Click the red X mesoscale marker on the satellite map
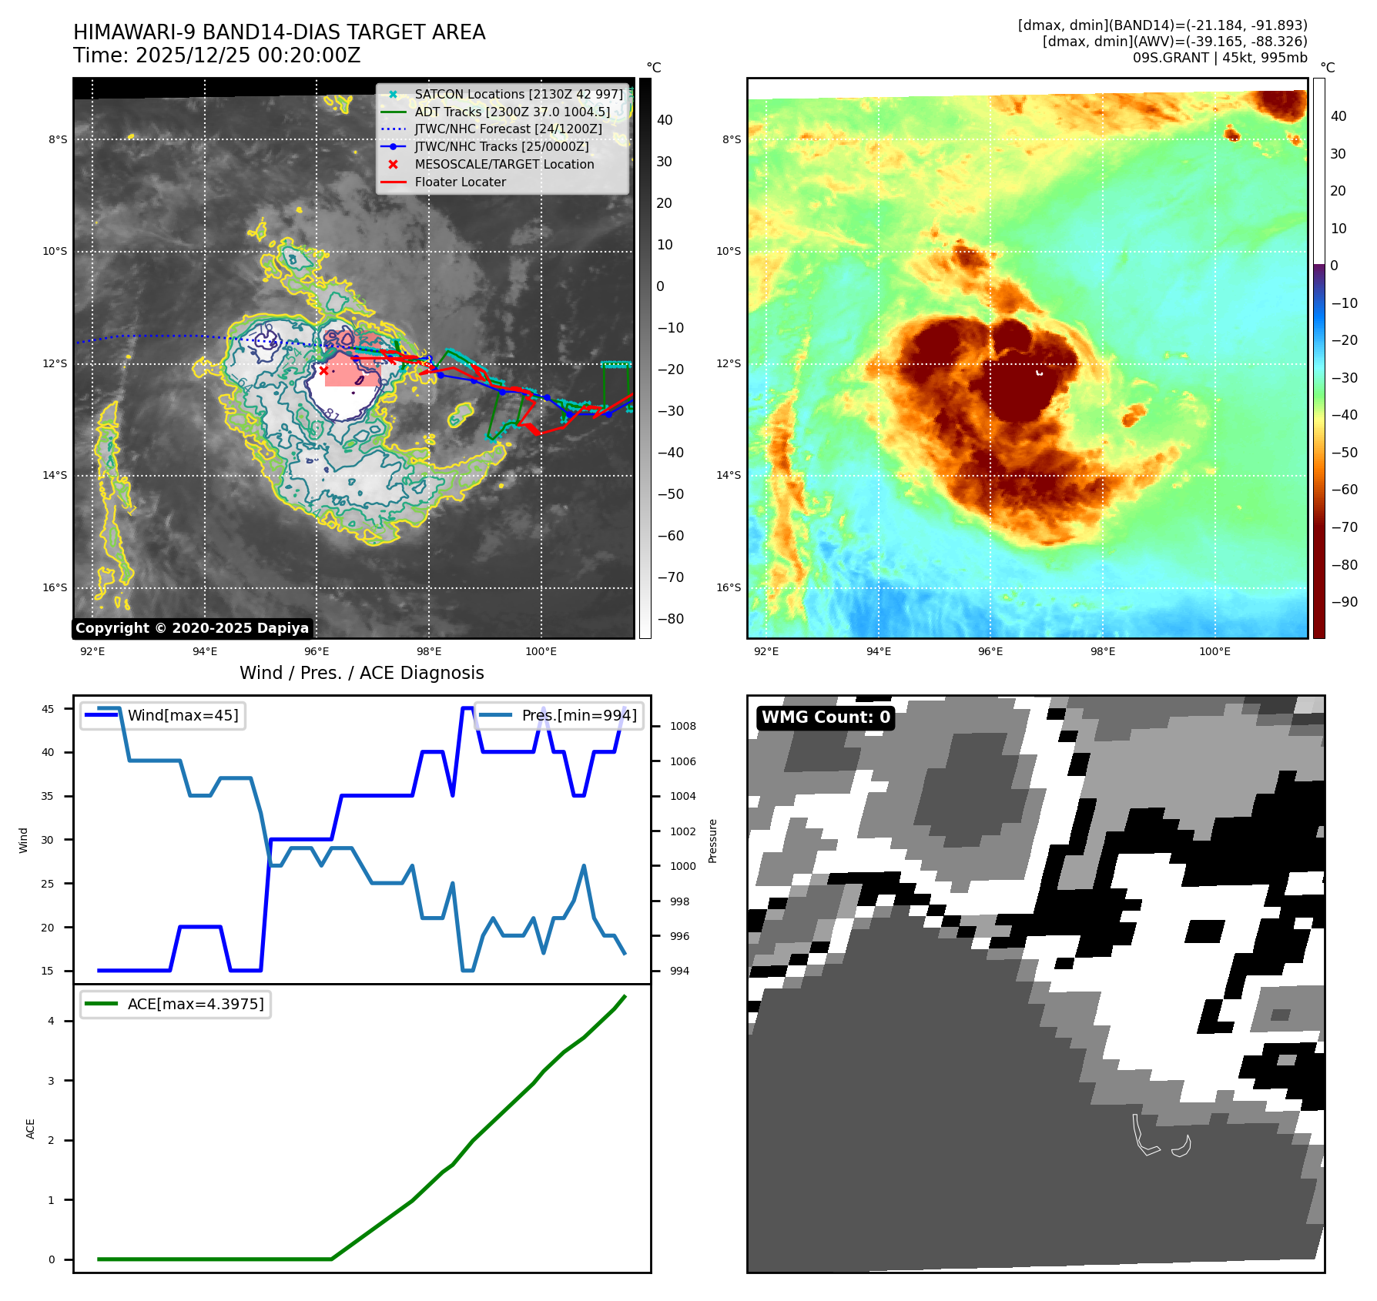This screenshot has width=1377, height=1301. (x=323, y=370)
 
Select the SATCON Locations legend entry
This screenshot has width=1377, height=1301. (x=518, y=95)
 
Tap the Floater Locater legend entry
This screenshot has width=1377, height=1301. (x=460, y=182)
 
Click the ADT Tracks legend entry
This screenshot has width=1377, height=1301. (x=512, y=112)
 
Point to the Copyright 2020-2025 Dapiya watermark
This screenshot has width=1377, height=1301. (x=192, y=628)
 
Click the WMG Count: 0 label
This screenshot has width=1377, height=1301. (x=826, y=717)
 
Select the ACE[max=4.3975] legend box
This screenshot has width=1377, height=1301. (x=176, y=1004)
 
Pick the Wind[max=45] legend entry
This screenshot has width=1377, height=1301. (x=163, y=715)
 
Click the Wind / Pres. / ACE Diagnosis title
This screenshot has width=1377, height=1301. (x=362, y=673)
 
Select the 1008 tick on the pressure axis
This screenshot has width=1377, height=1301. (x=682, y=726)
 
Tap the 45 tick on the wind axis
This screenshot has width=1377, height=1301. (x=48, y=709)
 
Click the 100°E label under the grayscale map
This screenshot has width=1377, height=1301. (x=541, y=651)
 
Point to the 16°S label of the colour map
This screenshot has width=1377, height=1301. (x=729, y=587)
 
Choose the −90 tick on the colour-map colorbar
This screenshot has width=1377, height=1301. (x=1344, y=602)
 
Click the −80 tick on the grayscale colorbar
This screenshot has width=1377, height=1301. (x=670, y=619)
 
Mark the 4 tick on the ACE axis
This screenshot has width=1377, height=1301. (x=52, y=1021)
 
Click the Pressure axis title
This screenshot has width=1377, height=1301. (x=712, y=841)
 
